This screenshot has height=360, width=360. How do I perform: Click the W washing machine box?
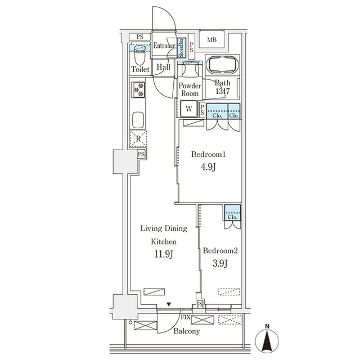tap(189, 109)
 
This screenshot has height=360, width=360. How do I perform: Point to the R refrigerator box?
tap(138, 137)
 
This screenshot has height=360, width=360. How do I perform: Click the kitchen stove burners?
tap(138, 90)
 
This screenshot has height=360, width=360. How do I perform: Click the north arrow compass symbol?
tap(268, 340)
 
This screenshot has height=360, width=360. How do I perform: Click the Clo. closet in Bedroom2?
tap(232, 214)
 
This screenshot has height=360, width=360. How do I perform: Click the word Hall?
tap(164, 67)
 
